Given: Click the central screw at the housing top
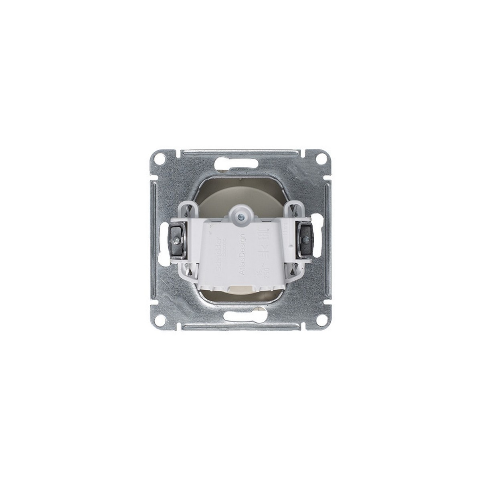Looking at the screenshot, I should pyautogui.click(x=240, y=216).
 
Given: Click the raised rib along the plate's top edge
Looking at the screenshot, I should pyautogui.click(x=240, y=152).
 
